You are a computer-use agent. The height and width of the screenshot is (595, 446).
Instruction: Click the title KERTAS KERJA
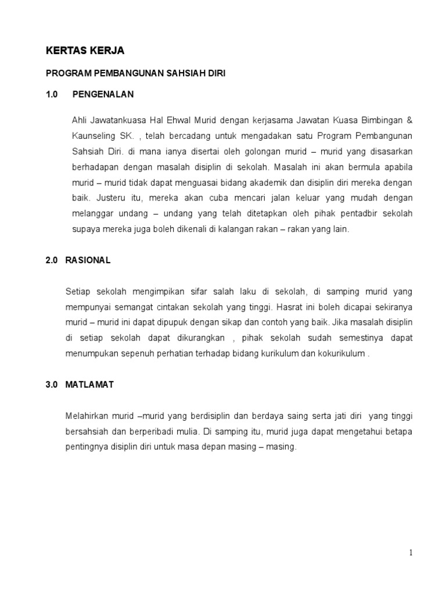(85, 52)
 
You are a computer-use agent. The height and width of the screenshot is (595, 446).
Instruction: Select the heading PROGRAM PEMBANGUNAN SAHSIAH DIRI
(135, 74)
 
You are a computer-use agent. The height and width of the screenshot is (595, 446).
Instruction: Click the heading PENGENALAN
(103, 94)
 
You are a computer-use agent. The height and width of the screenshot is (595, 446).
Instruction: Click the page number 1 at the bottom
(411, 553)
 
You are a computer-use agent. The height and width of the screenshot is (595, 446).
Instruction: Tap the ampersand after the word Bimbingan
(409, 120)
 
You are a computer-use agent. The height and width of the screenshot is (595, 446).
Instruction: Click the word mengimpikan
(151, 291)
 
